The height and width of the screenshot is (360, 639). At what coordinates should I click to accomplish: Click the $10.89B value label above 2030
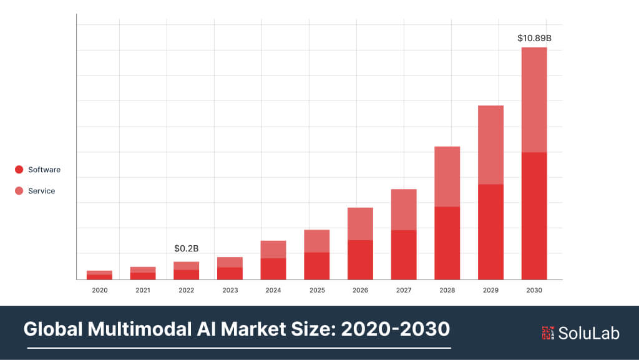(534, 38)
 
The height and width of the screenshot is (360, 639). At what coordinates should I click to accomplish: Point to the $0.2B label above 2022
(186, 249)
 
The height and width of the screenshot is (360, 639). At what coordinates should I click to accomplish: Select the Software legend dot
(19, 170)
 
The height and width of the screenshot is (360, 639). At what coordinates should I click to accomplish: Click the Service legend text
(41, 191)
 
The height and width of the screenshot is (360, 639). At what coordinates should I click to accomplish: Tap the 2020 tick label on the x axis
(99, 290)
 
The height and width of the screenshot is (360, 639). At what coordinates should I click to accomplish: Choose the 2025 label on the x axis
(317, 290)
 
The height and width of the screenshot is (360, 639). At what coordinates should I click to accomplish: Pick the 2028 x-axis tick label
(447, 290)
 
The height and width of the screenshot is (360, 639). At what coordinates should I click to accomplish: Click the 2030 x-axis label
(534, 290)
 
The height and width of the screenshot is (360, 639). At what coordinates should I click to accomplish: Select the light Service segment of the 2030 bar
(534, 100)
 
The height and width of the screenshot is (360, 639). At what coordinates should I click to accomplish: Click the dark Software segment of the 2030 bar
(534, 215)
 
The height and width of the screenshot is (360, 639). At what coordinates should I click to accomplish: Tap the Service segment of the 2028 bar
(447, 177)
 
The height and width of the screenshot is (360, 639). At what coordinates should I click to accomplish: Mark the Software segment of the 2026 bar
(360, 260)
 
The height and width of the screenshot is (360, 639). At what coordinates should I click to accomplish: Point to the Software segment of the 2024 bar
(273, 269)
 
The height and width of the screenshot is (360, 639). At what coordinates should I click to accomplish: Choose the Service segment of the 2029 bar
(490, 145)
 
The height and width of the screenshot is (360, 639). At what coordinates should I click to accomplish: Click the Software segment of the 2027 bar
(404, 255)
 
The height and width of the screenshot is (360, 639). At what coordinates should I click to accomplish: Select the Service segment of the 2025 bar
(317, 241)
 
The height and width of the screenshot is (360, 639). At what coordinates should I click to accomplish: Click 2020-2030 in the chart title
(395, 328)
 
